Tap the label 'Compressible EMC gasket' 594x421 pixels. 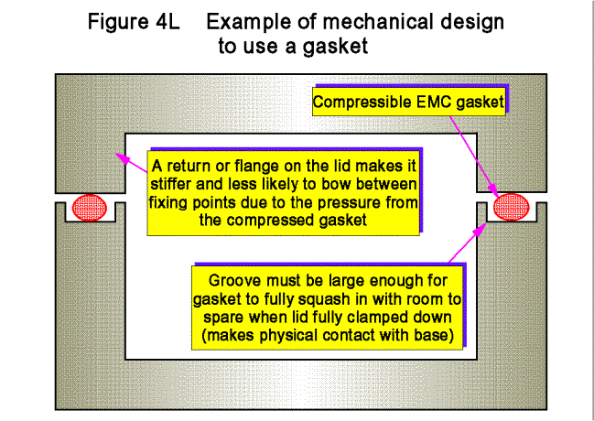coord(407,103)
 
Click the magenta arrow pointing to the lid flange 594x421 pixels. coord(132,163)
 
